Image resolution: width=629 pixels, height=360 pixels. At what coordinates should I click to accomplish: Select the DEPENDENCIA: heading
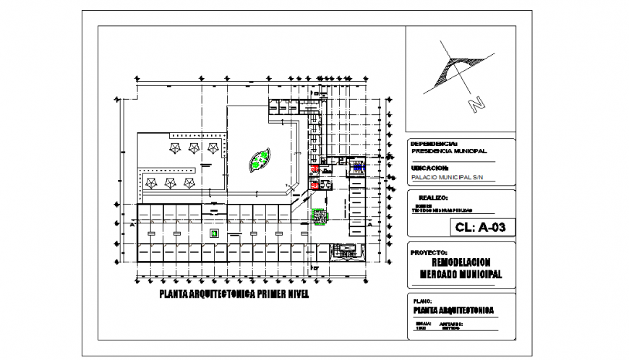point(434,143)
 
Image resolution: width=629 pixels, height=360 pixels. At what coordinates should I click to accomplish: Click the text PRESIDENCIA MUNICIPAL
point(448,151)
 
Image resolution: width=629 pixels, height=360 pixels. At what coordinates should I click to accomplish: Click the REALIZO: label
point(433,197)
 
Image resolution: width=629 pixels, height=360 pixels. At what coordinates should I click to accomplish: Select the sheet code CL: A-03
point(480,227)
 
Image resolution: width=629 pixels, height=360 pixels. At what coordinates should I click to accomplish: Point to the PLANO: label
point(422,300)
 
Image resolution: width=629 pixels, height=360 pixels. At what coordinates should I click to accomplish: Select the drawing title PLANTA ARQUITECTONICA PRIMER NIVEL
point(234,295)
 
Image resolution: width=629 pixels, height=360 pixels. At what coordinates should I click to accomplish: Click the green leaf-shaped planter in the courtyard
point(258,160)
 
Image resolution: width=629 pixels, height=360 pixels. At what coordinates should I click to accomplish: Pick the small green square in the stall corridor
point(214,233)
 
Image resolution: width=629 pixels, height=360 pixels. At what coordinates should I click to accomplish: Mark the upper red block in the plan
point(315,168)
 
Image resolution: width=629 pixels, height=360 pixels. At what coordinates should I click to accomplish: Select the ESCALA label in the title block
point(424,323)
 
